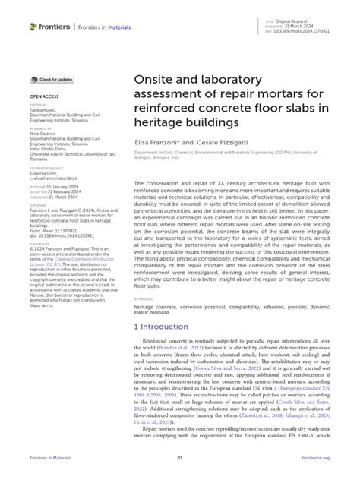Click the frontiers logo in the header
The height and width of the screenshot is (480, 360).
pos(50,27)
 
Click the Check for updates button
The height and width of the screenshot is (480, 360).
pos(52,79)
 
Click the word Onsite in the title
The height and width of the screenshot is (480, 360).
pos(155,79)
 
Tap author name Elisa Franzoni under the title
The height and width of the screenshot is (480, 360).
pos(158,142)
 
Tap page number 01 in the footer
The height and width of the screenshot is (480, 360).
pos(180,458)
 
